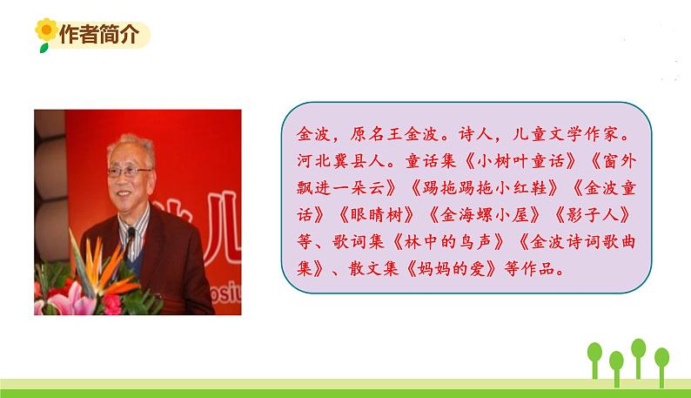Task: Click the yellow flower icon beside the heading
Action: click(44, 35)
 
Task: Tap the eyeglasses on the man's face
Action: click(131, 172)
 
